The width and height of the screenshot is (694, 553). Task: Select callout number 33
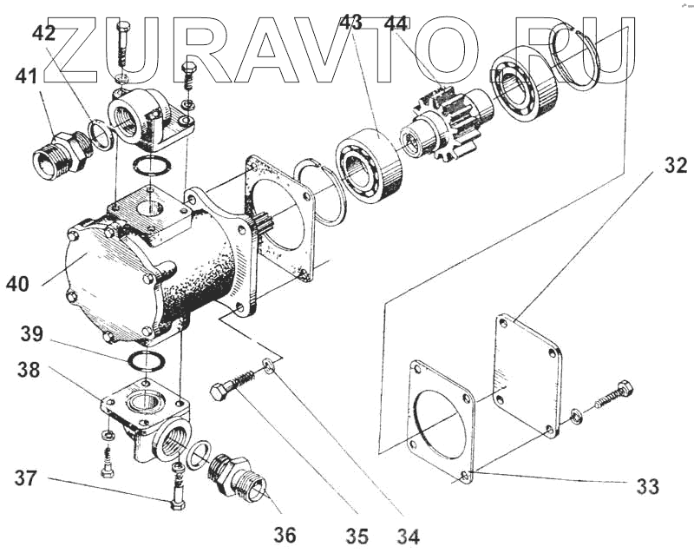click(647, 486)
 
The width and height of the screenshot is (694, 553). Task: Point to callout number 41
click(26, 77)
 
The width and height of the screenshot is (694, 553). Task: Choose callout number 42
click(43, 34)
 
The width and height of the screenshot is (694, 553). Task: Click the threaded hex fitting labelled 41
click(62, 153)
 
